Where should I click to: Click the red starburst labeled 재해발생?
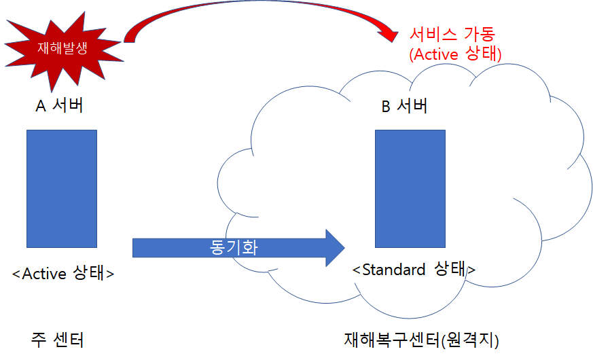coord(62,49)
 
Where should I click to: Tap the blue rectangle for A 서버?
coord(62,189)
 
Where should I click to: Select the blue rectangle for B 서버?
coord(410,189)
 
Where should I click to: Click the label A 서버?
coord(59,105)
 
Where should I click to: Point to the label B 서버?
coord(404,105)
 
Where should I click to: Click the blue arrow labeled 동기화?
coord(238,248)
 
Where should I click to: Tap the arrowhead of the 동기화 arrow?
coord(336,248)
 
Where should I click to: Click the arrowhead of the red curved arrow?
coord(389,35)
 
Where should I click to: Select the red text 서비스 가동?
coord(452,34)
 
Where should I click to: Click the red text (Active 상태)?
coord(455,54)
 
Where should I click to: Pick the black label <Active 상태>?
coord(63,273)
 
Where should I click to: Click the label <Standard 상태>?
coord(414,269)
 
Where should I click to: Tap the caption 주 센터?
coord(57,340)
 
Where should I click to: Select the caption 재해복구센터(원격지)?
coord(422,340)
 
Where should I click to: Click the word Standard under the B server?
coord(394,270)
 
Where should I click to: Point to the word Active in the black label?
coord(44,274)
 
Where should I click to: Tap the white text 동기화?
coord(234,247)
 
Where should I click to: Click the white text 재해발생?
coord(62,48)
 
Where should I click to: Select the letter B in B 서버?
coord(386,106)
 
